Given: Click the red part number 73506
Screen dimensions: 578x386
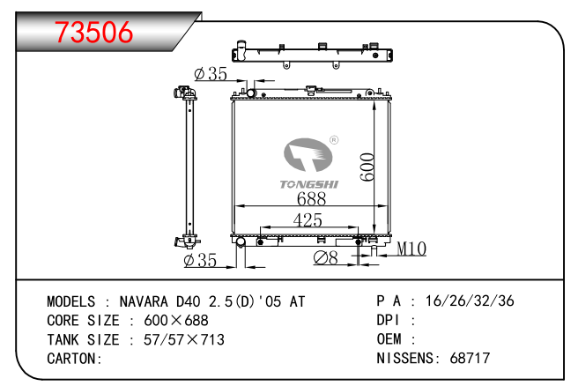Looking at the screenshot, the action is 93,32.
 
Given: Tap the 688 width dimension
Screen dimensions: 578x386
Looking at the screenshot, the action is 312,198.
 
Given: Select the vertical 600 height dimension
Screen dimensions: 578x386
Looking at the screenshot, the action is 367,167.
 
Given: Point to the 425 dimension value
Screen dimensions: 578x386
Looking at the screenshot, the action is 308,220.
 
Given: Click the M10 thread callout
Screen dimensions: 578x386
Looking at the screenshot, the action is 411,249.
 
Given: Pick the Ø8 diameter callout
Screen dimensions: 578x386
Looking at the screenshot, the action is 325,257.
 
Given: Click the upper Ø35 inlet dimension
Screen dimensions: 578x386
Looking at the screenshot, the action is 211,74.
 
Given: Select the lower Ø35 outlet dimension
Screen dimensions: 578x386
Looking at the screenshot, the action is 200,260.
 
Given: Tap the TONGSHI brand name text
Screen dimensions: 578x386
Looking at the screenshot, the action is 309,184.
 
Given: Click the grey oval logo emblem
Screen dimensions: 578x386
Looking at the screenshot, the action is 308,155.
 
